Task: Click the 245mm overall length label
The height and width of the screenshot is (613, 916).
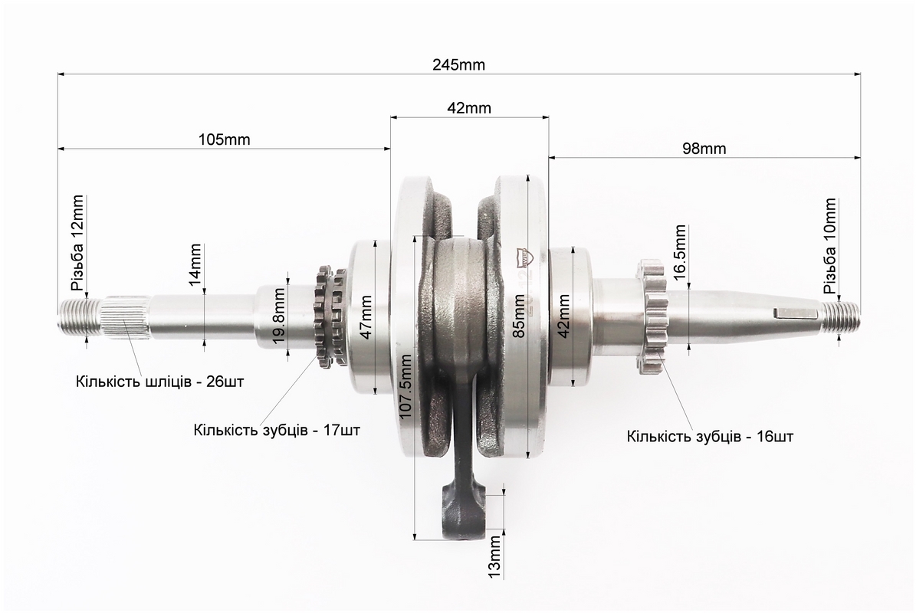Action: coord(458,64)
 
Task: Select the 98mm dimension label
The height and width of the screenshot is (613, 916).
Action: coord(704,149)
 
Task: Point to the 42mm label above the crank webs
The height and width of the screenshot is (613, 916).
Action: coord(469,108)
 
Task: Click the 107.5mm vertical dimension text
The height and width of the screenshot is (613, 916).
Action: coord(406,386)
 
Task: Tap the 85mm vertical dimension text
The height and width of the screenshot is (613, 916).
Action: coord(517,316)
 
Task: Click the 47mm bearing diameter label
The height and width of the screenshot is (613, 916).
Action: coord(365,317)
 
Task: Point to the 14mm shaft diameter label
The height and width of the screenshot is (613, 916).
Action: coord(195,264)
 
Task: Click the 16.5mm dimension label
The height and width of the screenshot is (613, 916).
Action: coord(679,252)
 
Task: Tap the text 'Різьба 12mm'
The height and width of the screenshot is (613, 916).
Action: coord(77,244)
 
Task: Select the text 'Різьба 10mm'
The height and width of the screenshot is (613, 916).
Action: coord(829,246)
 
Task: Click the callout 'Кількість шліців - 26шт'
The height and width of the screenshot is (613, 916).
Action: coord(159,382)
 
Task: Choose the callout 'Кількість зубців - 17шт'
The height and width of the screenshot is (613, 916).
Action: coord(277,431)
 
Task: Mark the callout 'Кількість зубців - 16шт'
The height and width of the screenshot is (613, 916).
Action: coord(711,436)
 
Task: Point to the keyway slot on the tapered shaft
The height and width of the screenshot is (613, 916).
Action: coord(794,313)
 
